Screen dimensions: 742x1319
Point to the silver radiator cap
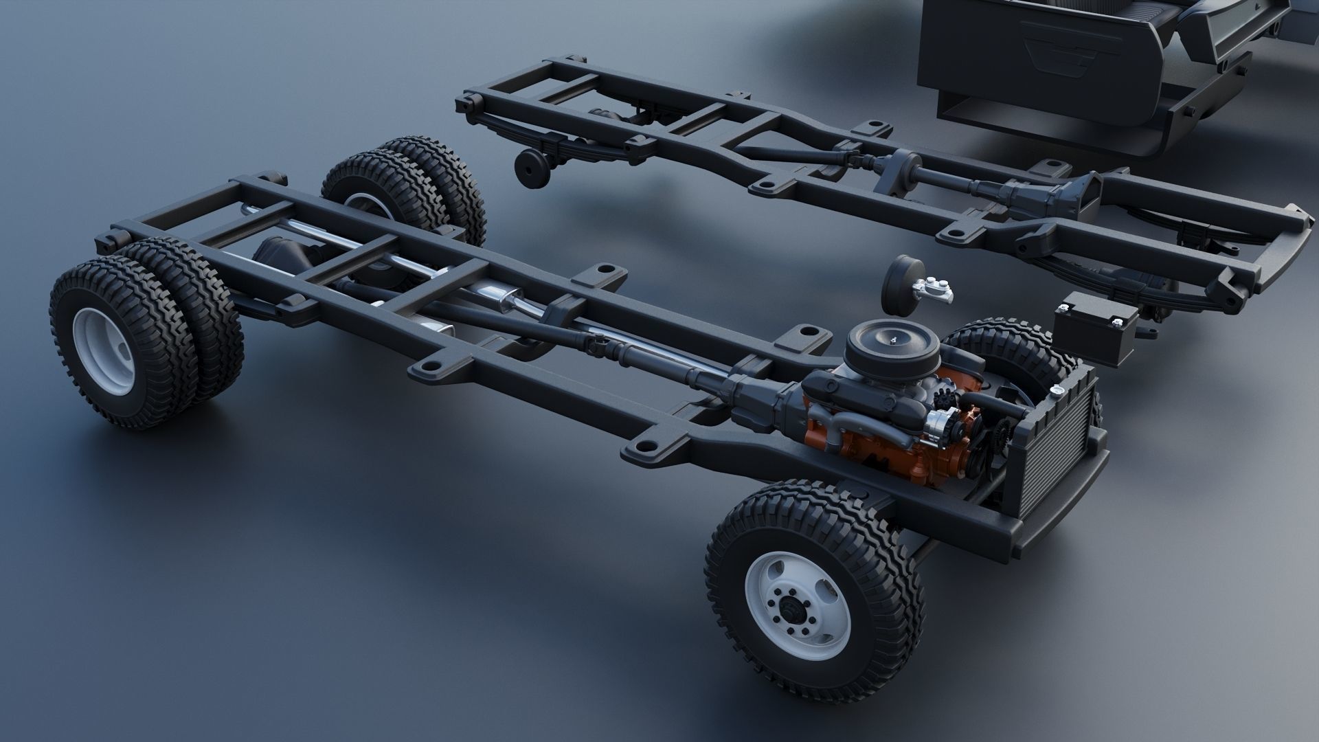point(1059,390)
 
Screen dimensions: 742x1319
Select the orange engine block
point(886,440)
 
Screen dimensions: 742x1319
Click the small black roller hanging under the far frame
point(530,169)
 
